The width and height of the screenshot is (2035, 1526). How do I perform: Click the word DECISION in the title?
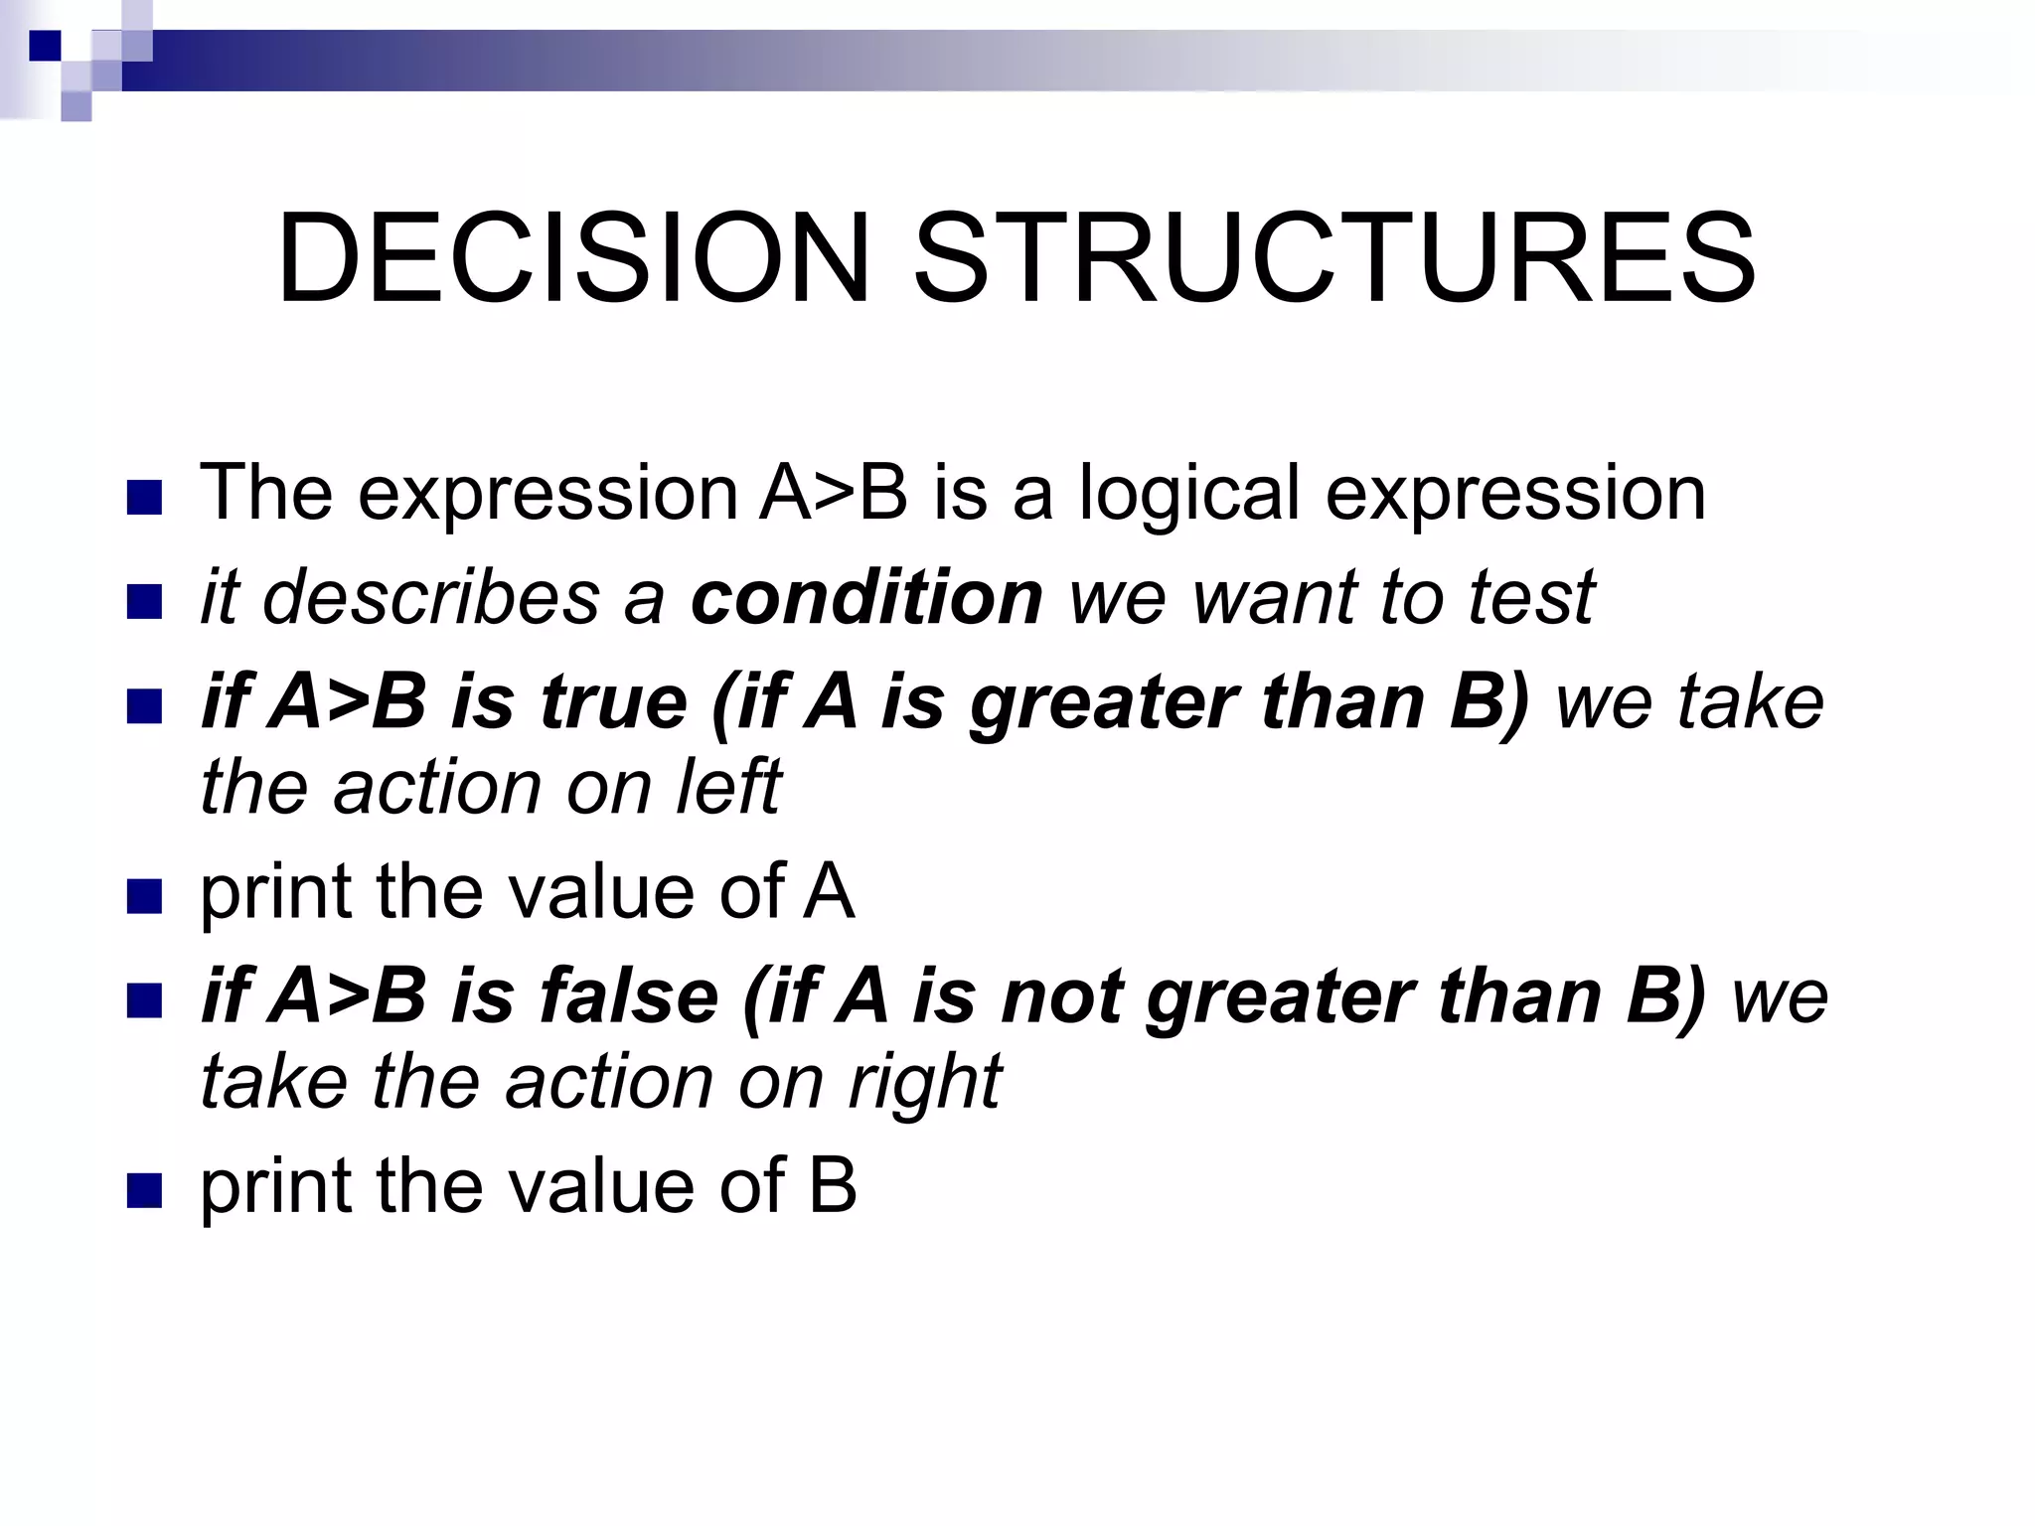pos(573,259)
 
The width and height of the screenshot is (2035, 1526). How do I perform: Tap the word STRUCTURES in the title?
pos(1333,259)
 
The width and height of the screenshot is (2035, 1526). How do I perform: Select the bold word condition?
pos(866,598)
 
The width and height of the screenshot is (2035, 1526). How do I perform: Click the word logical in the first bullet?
pos(1188,494)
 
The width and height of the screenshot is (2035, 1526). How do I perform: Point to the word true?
pos(613,701)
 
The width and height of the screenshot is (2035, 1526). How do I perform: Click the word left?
pos(728,787)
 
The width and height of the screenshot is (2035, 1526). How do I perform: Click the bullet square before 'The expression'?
pos(144,498)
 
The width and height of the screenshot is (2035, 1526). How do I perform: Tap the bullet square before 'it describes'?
pos(144,602)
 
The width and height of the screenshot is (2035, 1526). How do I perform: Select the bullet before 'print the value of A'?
pos(144,896)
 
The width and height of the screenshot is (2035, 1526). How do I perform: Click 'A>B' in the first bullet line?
pos(833,494)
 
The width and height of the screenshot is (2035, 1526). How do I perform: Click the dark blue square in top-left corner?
pos(45,46)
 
